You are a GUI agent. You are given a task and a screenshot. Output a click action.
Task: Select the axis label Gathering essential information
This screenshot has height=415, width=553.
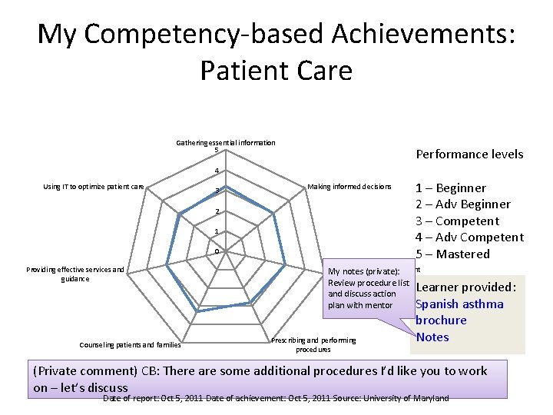coord(226,143)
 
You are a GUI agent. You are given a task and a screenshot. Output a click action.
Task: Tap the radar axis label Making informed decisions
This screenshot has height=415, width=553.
coord(349,187)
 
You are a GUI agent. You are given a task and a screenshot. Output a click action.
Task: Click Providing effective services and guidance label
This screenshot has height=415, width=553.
coord(75,274)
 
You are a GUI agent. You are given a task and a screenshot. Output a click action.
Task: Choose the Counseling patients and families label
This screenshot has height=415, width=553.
coord(130,344)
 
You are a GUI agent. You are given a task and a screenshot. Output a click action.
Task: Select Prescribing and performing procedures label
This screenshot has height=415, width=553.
coord(314,344)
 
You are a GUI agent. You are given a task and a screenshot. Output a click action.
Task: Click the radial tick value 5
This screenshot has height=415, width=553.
coord(217,150)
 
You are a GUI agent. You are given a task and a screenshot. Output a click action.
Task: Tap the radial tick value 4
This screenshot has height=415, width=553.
coord(217,171)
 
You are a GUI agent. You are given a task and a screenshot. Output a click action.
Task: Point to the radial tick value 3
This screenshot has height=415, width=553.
coord(217,191)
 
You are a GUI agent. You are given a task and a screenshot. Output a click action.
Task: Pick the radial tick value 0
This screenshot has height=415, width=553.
coord(217,251)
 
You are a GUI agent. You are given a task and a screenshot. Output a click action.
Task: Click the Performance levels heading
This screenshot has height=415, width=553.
coord(469,154)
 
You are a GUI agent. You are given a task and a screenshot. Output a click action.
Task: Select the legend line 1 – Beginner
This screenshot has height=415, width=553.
coord(450,188)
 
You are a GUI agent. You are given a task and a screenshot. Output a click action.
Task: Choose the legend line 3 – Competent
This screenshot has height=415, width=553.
coord(457,221)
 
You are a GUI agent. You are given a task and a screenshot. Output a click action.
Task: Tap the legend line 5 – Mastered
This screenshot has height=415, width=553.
coord(452,254)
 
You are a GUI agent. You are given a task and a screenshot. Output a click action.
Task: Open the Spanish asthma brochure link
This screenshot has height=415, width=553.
coord(459,311)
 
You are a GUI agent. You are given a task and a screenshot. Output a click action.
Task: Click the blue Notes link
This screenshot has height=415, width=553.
coord(432,337)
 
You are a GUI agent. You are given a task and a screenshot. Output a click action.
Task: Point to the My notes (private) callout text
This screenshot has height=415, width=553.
coord(368,288)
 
